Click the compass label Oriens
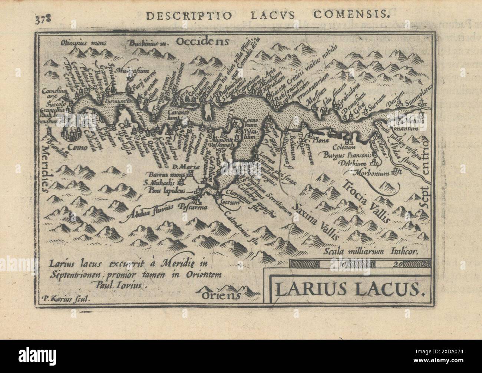point(221,295)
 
